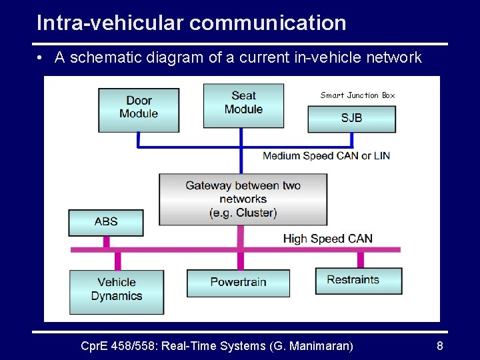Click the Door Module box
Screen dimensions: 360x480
(x=139, y=107)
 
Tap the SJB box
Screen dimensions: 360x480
(x=351, y=118)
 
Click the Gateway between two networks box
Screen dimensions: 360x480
(x=243, y=199)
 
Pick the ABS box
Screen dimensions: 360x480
(x=105, y=222)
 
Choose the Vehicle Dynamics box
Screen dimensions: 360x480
(x=116, y=290)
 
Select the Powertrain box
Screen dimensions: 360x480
(x=238, y=283)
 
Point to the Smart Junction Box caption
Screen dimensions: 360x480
(x=357, y=95)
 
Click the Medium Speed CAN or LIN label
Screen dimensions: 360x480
(x=326, y=156)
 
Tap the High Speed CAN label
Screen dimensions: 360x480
(x=327, y=239)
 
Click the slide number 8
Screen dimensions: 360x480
(x=439, y=346)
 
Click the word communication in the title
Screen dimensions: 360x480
(x=268, y=23)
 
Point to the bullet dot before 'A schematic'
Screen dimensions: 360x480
(x=41, y=58)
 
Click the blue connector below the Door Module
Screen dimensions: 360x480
(x=138, y=139)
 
